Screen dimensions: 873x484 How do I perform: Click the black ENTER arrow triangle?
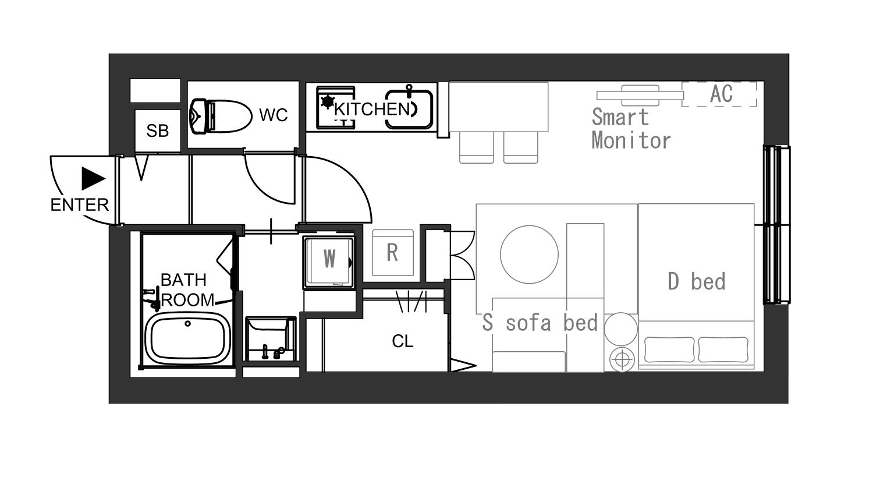click(x=93, y=179)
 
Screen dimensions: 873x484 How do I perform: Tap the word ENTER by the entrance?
click(x=80, y=205)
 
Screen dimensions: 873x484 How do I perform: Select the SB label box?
click(x=158, y=130)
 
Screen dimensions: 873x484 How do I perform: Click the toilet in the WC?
click(x=220, y=116)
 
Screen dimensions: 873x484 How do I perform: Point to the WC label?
click(x=273, y=115)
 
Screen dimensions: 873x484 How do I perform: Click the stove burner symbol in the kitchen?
click(x=327, y=102)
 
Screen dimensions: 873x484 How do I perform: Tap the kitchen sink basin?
click(x=409, y=109)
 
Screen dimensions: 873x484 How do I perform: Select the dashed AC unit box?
click(x=719, y=94)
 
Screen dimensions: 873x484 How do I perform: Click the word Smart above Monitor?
click(x=620, y=117)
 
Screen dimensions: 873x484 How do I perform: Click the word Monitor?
click(x=631, y=140)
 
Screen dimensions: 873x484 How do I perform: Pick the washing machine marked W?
click(x=329, y=262)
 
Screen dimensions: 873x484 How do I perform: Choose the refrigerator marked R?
click(x=392, y=253)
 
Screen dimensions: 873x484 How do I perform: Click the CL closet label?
click(x=403, y=341)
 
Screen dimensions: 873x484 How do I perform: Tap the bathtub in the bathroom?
click(x=187, y=338)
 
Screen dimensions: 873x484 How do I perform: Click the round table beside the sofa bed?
click(x=529, y=255)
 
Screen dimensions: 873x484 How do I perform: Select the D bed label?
click(x=697, y=281)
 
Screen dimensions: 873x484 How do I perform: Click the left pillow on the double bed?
click(x=669, y=349)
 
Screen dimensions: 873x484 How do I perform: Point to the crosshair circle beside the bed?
click(x=622, y=359)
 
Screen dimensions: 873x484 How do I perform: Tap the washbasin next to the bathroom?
click(x=271, y=338)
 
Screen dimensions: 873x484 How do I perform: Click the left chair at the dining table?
click(x=477, y=147)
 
